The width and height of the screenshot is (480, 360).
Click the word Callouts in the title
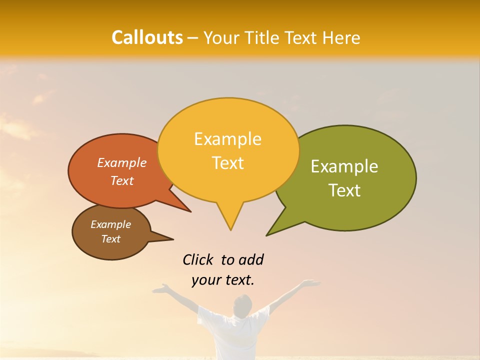click(x=147, y=37)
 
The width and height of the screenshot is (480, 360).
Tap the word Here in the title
click(x=339, y=37)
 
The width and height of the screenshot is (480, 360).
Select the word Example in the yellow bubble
click(x=227, y=139)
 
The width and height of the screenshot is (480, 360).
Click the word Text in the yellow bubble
click(x=227, y=163)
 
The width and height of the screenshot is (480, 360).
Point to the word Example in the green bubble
click(x=344, y=166)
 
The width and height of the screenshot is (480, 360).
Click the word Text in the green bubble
click(x=345, y=190)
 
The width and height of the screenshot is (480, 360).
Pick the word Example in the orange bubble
click(x=122, y=163)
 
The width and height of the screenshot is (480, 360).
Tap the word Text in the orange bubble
click(x=122, y=180)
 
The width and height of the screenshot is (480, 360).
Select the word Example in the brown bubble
click(x=110, y=224)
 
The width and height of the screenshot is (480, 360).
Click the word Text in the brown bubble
click(x=110, y=239)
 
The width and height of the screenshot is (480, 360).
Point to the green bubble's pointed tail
click(x=273, y=231)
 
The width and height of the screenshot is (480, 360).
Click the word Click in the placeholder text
click(x=197, y=259)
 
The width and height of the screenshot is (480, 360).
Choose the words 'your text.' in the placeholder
click(x=222, y=280)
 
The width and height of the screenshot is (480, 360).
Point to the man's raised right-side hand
click(x=310, y=283)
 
